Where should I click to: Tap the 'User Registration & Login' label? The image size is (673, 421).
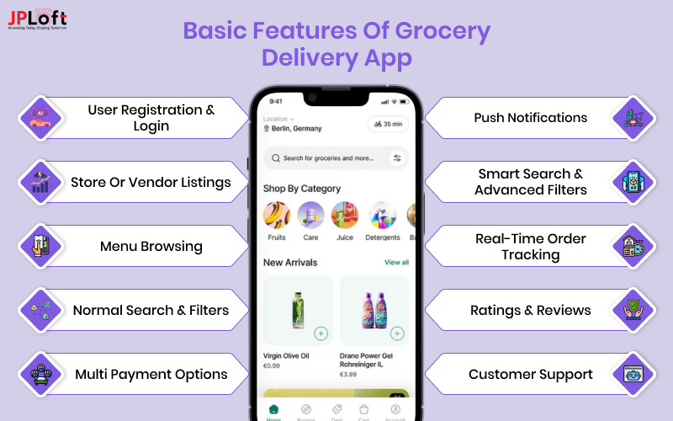[151, 118]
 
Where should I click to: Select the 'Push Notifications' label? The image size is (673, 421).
[530, 118]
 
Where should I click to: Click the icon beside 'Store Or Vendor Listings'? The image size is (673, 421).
[40, 182]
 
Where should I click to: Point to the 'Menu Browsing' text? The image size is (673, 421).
[151, 247]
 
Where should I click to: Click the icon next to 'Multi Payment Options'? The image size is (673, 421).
[40, 374]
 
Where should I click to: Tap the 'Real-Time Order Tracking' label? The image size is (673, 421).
[530, 247]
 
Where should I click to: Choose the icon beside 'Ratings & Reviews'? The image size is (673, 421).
[633, 310]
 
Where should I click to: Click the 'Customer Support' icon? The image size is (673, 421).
[633, 374]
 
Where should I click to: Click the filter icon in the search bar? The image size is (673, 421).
[397, 157]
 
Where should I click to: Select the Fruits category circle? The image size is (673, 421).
[277, 216]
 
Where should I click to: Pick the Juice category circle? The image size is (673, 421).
[344, 216]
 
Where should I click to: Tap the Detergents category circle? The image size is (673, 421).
[383, 216]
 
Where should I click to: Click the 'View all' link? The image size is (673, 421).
[396, 263]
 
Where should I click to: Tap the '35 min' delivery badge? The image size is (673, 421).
[388, 124]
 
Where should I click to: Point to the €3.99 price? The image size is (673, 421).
[349, 374]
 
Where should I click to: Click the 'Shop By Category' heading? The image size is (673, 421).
[302, 189]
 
